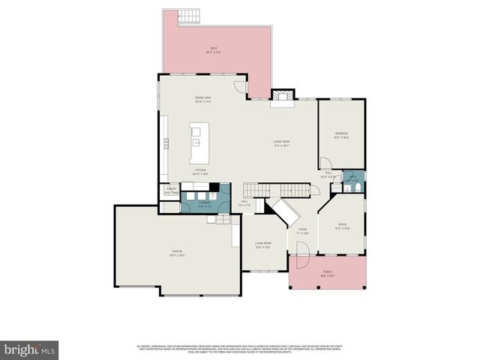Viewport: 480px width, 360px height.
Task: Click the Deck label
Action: click(212, 52)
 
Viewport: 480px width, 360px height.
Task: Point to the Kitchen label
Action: click(200, 172)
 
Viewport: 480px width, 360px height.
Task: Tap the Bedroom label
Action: click(340, 135)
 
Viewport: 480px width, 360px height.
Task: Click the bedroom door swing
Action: click(325, 163)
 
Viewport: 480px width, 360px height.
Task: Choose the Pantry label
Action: click(171, 190)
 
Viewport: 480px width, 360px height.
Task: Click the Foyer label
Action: click(302, 230)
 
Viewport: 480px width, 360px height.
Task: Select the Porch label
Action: click(327, 273)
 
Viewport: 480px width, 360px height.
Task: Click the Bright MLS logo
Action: click(30, 349)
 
